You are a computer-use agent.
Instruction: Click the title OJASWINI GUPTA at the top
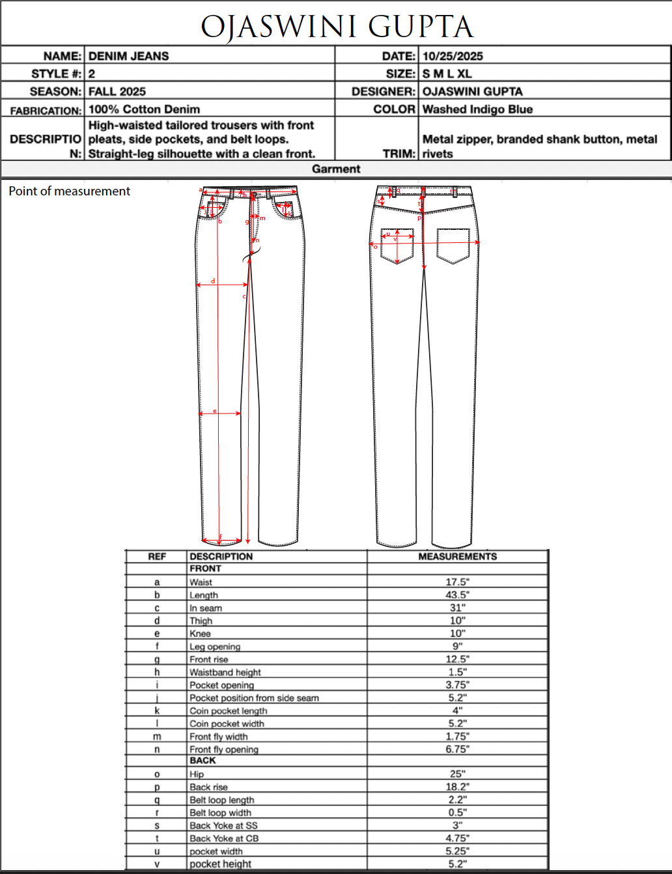(337, 27)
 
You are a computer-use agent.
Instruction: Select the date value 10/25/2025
(453, 56)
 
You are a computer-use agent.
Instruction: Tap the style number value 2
(92, 74)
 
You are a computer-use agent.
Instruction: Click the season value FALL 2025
(117, 91)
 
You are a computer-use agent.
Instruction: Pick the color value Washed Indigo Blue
(477, 109)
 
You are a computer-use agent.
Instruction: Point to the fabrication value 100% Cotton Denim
(144, 109)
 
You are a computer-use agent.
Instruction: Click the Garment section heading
(336, 169)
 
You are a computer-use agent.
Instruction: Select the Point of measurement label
(70, 191)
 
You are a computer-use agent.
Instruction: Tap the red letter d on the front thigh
(213, 281)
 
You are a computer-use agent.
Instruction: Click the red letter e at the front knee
(214, 411)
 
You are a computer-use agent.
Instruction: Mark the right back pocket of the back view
(453, 246)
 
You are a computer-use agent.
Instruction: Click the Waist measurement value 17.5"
(457, 582)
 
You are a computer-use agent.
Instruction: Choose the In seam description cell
(206, 608)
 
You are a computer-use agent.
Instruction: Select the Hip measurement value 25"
(457, 774)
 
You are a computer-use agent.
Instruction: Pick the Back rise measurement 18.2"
(457, 787)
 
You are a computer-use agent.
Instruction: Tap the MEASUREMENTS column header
(457, 556)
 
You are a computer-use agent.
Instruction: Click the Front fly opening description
(224, 750)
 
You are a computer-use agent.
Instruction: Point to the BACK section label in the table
(203, 761)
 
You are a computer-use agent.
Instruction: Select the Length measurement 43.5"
(457, 595)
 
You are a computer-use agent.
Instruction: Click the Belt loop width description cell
(220, 813)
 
